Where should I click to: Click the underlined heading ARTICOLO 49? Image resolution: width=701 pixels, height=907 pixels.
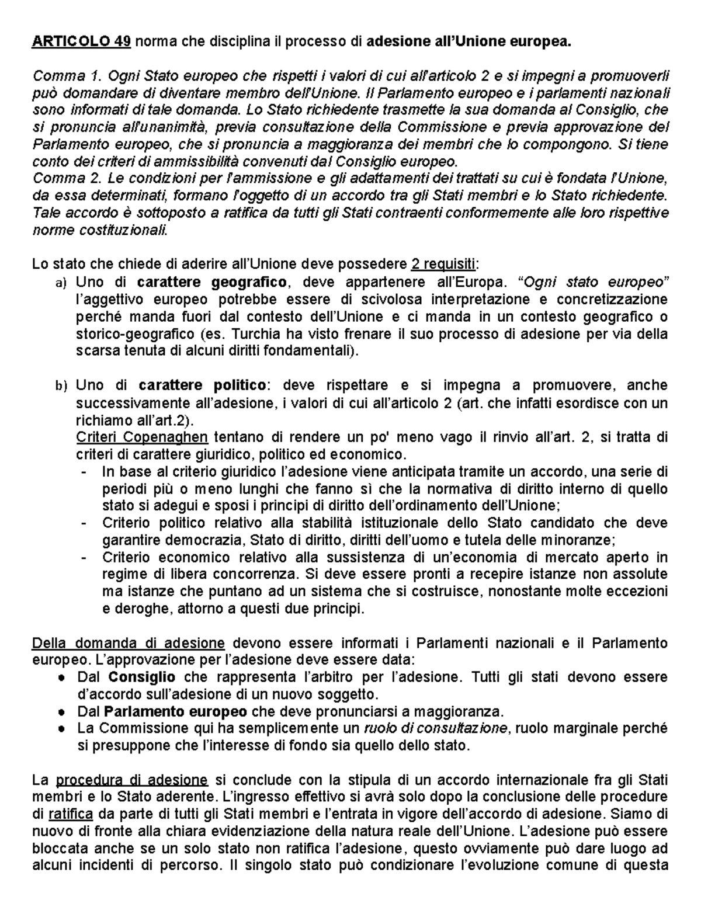pos(81,42)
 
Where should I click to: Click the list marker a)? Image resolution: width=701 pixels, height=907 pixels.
pos(61,283)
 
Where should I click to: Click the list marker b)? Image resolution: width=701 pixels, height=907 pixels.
pos(61,386)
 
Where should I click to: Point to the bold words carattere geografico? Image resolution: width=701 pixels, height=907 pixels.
pos(211,282)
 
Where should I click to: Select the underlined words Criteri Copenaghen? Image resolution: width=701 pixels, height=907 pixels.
pos(142,437)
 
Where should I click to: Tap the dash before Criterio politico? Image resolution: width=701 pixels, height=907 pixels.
pos(86,523)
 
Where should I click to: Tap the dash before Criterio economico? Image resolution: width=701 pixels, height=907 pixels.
pos(86,557)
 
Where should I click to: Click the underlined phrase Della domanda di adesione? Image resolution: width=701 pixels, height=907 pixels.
pos(129,644)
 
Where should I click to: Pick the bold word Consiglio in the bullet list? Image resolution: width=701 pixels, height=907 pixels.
pos(142,677)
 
